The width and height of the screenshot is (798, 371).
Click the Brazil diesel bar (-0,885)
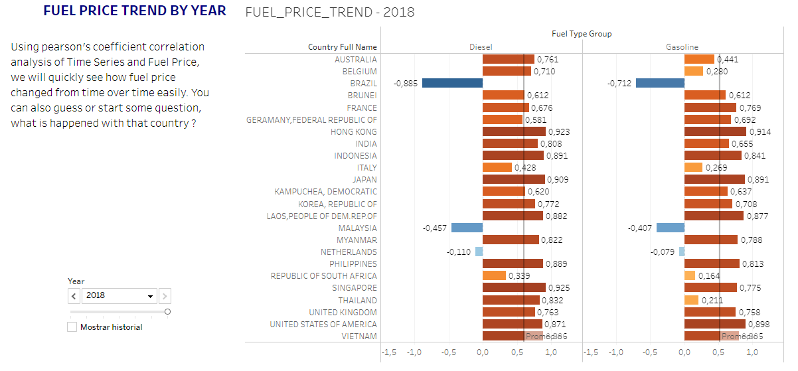point(452,83)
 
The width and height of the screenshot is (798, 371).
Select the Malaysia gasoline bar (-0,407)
point(671,228)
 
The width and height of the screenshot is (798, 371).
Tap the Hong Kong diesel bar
point(514,131)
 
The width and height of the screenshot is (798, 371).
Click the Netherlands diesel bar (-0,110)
point(479,252)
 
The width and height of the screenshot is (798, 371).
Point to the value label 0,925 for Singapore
point(560,288)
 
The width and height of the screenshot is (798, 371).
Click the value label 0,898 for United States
point(761,324)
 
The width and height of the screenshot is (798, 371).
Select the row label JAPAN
point(364,179)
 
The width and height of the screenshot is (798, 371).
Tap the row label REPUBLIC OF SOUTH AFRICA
point(323,275)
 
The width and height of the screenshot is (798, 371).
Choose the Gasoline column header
point(682,47)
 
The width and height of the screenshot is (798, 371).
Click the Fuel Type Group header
point(582,33)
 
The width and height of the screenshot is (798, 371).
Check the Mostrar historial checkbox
point(72,327)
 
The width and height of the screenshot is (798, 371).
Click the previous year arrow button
point(74,296)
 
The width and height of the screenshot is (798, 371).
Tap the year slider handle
point(167,311)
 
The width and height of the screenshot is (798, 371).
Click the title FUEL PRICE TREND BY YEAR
point(135,11)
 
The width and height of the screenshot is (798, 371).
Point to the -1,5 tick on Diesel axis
point(389,352)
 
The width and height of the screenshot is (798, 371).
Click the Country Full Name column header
point(342,47)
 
